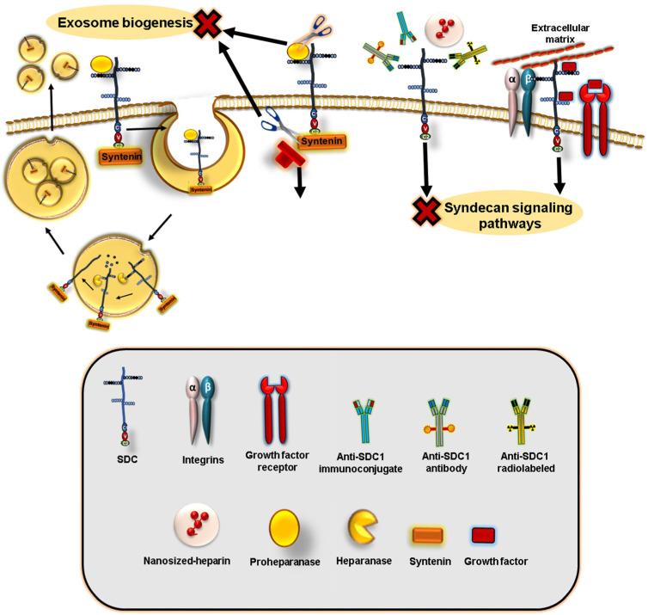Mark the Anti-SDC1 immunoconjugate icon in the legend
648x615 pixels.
[x=362, y=407]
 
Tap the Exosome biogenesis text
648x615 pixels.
[x=125, y=22]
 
